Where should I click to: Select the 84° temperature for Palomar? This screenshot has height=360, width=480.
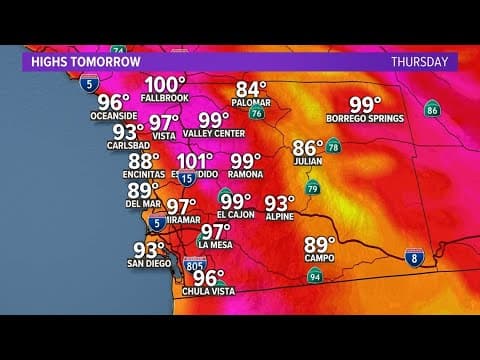tap(253, 88)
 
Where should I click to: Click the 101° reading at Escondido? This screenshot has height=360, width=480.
tap(194, 160)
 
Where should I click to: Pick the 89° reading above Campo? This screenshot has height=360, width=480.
tap(320, 244)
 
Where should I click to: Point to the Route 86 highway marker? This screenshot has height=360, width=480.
tap(431, 108)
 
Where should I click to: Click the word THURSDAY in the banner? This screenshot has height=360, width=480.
tap(418, 61)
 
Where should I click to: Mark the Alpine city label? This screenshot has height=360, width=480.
tap(279, 214)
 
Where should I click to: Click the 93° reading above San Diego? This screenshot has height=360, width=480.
tap(148, 250)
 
